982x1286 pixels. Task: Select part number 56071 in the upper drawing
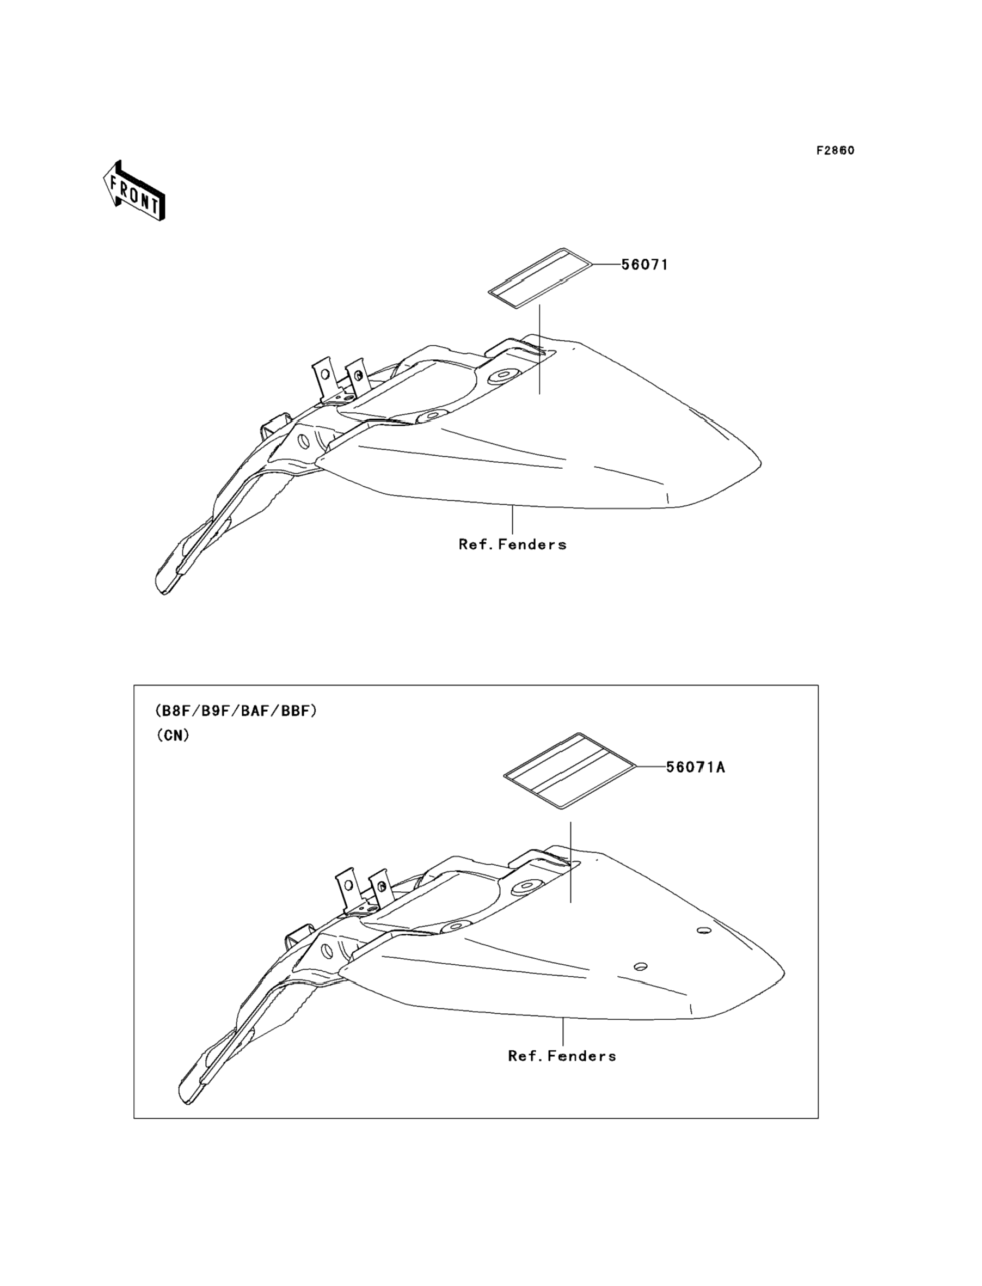click(x=644, y=265)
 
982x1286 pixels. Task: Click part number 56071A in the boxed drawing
click(x=696, y=767)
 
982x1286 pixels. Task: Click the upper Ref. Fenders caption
click(x=513, y=545)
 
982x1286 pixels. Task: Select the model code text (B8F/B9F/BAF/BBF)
click(x=236, y=711)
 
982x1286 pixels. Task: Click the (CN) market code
click(x=173, y=736)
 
